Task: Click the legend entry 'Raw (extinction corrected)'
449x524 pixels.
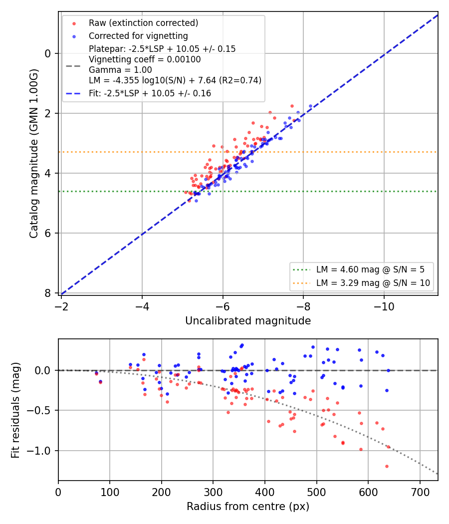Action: pyautogui.click(x=143, y=23)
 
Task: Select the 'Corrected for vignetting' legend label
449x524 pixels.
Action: pyautogui.click(x=138, y=36)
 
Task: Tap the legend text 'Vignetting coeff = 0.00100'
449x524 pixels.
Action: pyautogui.click(x=145, y=59)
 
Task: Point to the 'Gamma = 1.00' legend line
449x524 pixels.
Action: pyautogui.click(x=120, y=70)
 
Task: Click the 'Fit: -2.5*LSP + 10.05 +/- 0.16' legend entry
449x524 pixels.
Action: pyautogui.click(x=150, y=93)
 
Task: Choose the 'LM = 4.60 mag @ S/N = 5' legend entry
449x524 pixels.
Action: pyautogui.click(x=370, y=269)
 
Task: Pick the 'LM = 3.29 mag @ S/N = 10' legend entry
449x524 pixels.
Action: pyautogui.click(x=373, y=283)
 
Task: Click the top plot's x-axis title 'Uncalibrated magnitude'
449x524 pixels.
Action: pyautogui.click(x=248, y=320)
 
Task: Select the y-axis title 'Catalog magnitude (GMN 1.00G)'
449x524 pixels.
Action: pyautogui.click(x=34, y=154)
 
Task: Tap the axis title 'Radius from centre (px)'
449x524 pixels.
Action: pyautogui.click(x=248, y=507)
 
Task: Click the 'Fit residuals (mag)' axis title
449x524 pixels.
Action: pyautogui.click(x=15, y=410)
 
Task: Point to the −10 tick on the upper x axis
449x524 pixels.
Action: pyautogui.click(x=384, y=306)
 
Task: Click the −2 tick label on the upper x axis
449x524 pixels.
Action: pyautogui.click(x=61, y=306)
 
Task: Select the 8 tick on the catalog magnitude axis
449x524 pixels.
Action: pyautogui.click(x=48, y=293)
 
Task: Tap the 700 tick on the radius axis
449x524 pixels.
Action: pyautogui.click(x=420, y=492)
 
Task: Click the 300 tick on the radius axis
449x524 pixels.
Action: pyautogui.click(x=213, y=492)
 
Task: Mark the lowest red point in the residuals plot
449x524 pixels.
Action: pyautogui.click(x=387, y=466)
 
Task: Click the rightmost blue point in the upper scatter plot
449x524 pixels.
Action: pyautogui.click(x=310, y=106)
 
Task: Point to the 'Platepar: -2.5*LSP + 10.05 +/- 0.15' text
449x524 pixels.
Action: pyautogui.click(x=162, y=49)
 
